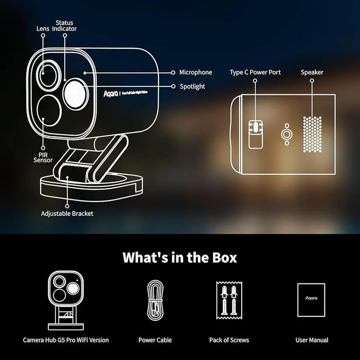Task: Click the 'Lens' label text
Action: [x=43, y=29]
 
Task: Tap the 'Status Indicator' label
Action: [x=64, y=26]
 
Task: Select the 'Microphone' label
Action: [x=195, y=73]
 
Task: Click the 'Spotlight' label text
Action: [x=192, y=86]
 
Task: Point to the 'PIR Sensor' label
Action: [x=43, y=156]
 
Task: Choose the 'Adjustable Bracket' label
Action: [x=67, y=213]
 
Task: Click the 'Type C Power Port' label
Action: [x=255, y=73]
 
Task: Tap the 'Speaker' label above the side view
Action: [x=312, y=73]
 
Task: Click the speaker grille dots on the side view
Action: [x=312, y=133]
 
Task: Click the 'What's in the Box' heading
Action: [x=179, y=257]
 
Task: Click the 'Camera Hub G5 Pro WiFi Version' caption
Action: [x=66, y=340]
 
